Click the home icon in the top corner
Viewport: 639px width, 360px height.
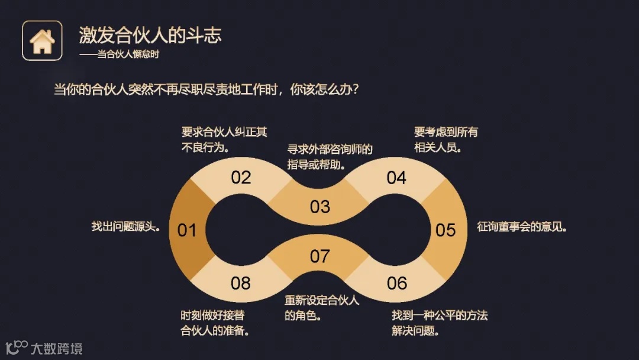[42, 41]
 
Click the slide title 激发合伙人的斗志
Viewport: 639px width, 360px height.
[150, 35]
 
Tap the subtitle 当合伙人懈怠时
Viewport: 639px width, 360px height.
[120, 54]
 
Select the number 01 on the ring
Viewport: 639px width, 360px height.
[187, 230]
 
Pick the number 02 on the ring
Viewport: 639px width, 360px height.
[241, 177]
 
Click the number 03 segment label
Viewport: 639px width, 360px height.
[319, 206]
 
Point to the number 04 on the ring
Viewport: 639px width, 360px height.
[396, 177]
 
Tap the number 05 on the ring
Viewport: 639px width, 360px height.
[446, 230]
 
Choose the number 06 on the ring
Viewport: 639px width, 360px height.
[396, 283]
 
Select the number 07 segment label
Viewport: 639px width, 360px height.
[319, 256]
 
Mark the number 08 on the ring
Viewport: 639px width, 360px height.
[241, 283]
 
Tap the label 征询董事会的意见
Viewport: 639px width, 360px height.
[522, 227]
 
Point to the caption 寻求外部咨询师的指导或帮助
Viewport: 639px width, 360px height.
[330, 156]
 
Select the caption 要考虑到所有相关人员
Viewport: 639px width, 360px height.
[446, 140]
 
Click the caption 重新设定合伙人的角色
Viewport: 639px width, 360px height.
[322, 307]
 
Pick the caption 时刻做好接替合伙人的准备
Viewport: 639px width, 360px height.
[214, 323]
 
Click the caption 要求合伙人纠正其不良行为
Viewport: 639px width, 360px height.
[224, 140]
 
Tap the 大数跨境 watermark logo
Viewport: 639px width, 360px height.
[44, 348]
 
